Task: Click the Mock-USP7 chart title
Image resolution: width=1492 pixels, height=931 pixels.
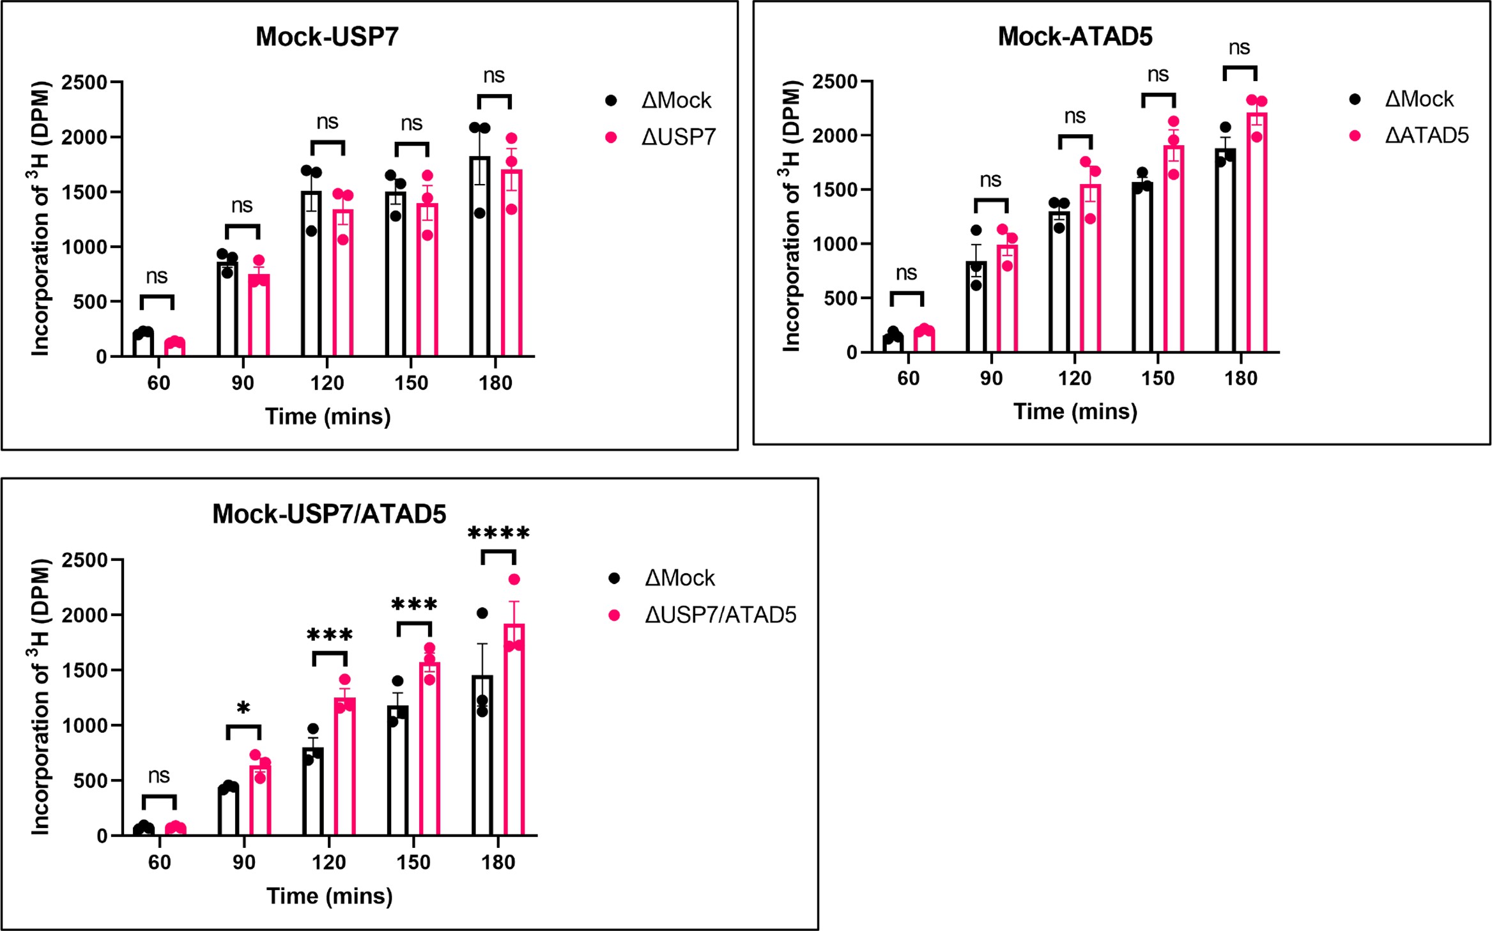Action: click(327, 36)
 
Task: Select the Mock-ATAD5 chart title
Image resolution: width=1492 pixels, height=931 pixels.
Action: click(1075, 36)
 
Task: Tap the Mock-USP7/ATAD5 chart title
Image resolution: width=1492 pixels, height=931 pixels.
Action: click(329, 514)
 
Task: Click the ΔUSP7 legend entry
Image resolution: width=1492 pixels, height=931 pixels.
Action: click(678, 137)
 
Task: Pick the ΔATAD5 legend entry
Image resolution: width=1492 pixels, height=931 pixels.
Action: click(1426, 135)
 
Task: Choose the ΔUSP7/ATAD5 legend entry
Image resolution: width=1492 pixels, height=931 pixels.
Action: click(720, 615)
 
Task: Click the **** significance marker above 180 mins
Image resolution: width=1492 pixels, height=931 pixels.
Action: click(498, 533)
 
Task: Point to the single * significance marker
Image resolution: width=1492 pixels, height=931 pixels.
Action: click(243, 708)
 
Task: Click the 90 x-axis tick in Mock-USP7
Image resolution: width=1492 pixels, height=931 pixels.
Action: click(243, 383)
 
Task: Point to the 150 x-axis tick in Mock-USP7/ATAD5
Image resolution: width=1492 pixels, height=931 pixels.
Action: click(413, 862)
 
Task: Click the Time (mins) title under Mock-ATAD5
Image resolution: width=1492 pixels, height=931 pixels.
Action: click(1075, 411)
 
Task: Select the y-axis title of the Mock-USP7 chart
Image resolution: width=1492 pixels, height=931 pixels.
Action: click(41, 219)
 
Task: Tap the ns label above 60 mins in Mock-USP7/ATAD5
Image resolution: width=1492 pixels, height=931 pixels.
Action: click(159, 776)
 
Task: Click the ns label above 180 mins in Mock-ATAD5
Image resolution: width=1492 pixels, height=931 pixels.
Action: click(1239, 47)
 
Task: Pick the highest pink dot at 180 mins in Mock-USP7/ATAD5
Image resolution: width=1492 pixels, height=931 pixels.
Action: click(514, 580)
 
